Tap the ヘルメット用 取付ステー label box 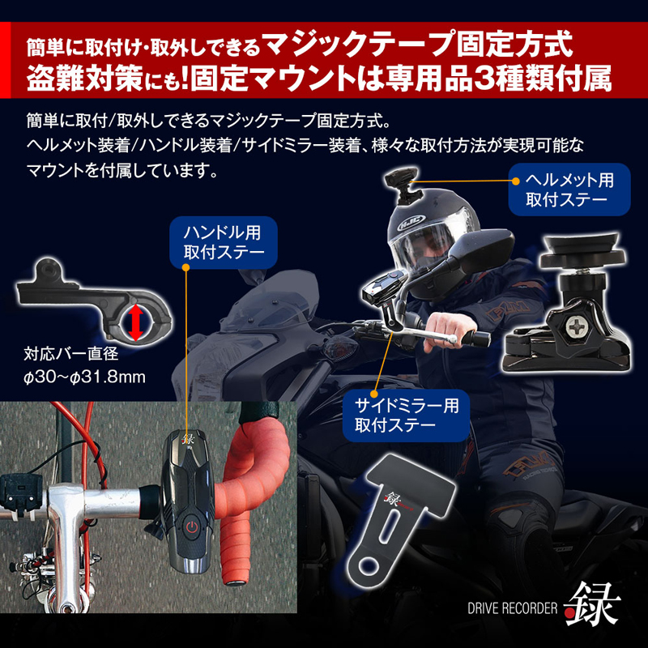(x=569, y=188)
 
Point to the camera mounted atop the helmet (x=399, y=180)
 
